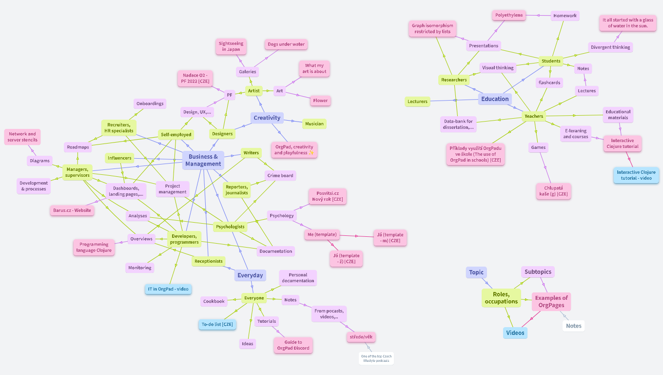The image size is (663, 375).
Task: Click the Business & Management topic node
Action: pyautogui.click(x=203, y=160)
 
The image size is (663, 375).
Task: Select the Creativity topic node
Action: pyautogui.click(x=267, y=118)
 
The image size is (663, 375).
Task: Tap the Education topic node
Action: pyautogui.click(x=495, y=99)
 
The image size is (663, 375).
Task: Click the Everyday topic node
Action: pyautogui.click(x=250, y=275)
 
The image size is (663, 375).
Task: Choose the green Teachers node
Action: pyautogui.click(x=534, y=116)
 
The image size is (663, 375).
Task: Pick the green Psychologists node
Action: pyautogui.click(x=231, y=227)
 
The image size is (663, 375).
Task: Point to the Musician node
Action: pyautogui.click(x=314, y=124)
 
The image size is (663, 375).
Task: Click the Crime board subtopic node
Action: pyautogui.click(x=280, y=175)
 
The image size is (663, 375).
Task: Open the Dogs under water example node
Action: pyautogui.click(x=286, y=44)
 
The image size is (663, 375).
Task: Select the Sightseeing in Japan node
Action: pyautogui.click(x=231, y=46)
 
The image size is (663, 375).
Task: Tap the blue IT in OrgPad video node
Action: pyautogui.click(x=168, y=289)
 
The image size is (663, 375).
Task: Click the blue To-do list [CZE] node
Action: pyautogui.click(x=217, y=324)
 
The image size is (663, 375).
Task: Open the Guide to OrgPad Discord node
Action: pyautogui.click(x=292, y=345)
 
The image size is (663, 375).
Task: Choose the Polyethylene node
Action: pyautogui.click(x=509, y=15)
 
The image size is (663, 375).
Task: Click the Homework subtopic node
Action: pyautogui.click(x=565, y=16)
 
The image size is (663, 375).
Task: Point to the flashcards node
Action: pyautogui.click(x=549, y=83)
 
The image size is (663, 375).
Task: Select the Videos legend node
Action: pyautogui.click(x=515, y=333)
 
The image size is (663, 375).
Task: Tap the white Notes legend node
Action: pyautogui.click(x=573, y=326)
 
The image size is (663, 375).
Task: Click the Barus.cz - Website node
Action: pyautogui.click(x=73, y=210)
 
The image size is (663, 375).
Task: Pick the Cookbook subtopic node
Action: pyautogui.click(x=214, y=301)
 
